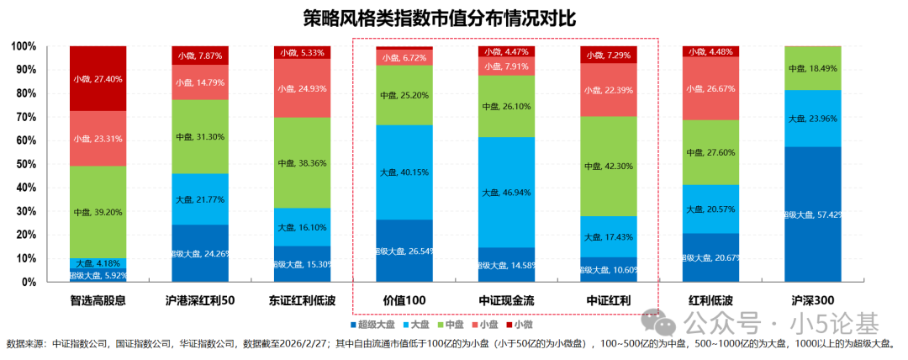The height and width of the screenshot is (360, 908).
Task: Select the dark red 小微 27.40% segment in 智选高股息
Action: [x=98, y=78]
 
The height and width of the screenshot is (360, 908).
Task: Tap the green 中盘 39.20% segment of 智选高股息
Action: [x=98, y=212]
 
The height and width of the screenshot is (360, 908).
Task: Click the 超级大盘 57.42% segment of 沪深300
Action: [x=812, y=214]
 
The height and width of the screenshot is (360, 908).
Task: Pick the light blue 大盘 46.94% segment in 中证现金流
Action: [x=507, y=192]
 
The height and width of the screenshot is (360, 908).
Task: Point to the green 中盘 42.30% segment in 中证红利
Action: [x=609, y=167]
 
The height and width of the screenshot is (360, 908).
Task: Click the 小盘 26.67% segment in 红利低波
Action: [x=710, y=88]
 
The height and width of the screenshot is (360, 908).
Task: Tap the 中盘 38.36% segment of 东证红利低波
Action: [x=303, y=162]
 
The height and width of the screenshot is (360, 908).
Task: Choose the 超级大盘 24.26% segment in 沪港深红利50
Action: [x=200, y=252]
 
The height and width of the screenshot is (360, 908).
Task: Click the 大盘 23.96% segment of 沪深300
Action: [x=812, y=119]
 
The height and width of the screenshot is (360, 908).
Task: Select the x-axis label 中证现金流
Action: [x=507, y=300]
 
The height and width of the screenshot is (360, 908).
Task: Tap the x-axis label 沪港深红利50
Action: [x=200, y=300]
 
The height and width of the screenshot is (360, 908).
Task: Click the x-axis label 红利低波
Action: [x=710, y=300]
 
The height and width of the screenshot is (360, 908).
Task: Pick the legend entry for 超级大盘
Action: [x=372, y=324]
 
